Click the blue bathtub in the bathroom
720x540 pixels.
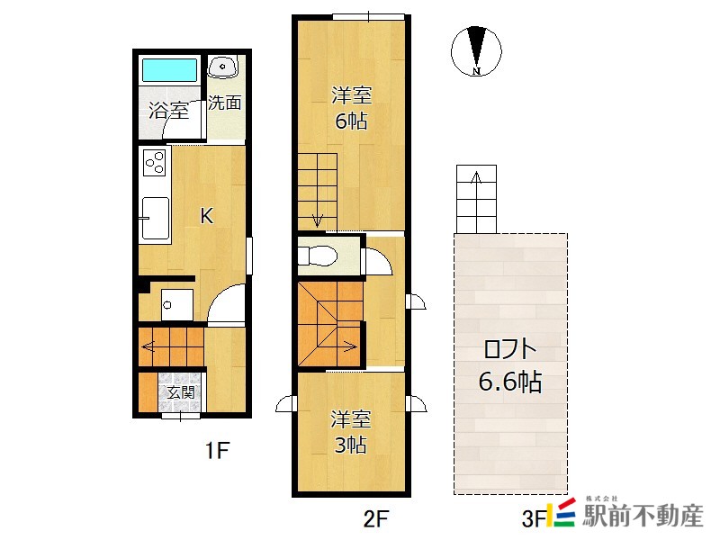(169, 70)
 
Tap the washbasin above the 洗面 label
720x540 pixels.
(222, 66)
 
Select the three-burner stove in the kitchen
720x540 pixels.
(155, 162)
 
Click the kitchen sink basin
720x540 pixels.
(155, 218)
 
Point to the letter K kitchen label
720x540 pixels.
(207, 215)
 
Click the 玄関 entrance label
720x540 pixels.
(181, 392)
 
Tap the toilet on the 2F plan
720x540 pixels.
(318, 256)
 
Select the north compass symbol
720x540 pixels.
(476, 50)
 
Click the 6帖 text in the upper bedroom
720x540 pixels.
(351, 121)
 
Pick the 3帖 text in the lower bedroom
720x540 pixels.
(350, 445)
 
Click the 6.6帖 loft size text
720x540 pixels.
(510, 381)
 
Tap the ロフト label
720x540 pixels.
(510, 349)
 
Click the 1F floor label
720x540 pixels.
(217, 450)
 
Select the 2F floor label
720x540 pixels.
(376, 519)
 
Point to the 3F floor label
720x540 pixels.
(534, 519)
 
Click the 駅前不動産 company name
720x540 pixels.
(643, 516)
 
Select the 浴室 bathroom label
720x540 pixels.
(168, 111)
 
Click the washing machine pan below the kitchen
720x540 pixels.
(176, 305)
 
